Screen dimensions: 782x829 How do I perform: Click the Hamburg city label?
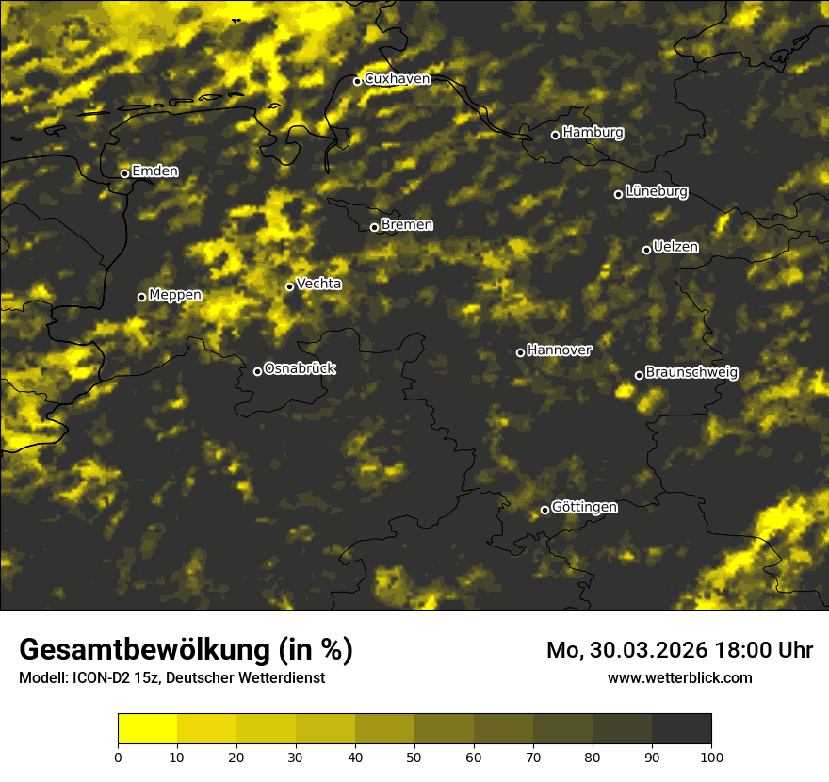pos(593,133)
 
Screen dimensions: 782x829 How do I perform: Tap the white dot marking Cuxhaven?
pos(357,81)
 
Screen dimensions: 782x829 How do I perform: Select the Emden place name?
pos(154,171)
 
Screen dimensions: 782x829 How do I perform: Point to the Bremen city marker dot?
pos(374,227)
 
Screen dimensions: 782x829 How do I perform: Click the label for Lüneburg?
pos(656,192)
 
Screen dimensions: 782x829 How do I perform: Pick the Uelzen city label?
pos(675,247)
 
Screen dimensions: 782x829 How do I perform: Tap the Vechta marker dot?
pos(289,286)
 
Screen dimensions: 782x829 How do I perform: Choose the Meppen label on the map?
pos(174,295)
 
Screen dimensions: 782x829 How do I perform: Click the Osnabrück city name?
pos(300,369)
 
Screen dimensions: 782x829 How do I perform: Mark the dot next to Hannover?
pos(520,352)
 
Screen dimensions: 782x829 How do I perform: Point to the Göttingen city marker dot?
pos(545,510)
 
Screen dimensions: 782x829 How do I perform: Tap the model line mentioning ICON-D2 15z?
pos(171,678)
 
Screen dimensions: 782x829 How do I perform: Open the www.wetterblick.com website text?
pos(679,678)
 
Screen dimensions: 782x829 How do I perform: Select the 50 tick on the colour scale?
pos(414,756)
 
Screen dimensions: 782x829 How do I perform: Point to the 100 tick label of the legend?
pos(711,756)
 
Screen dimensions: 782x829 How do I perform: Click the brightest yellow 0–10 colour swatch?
pos(147,728)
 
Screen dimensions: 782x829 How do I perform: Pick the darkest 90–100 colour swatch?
pos(681,728)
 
